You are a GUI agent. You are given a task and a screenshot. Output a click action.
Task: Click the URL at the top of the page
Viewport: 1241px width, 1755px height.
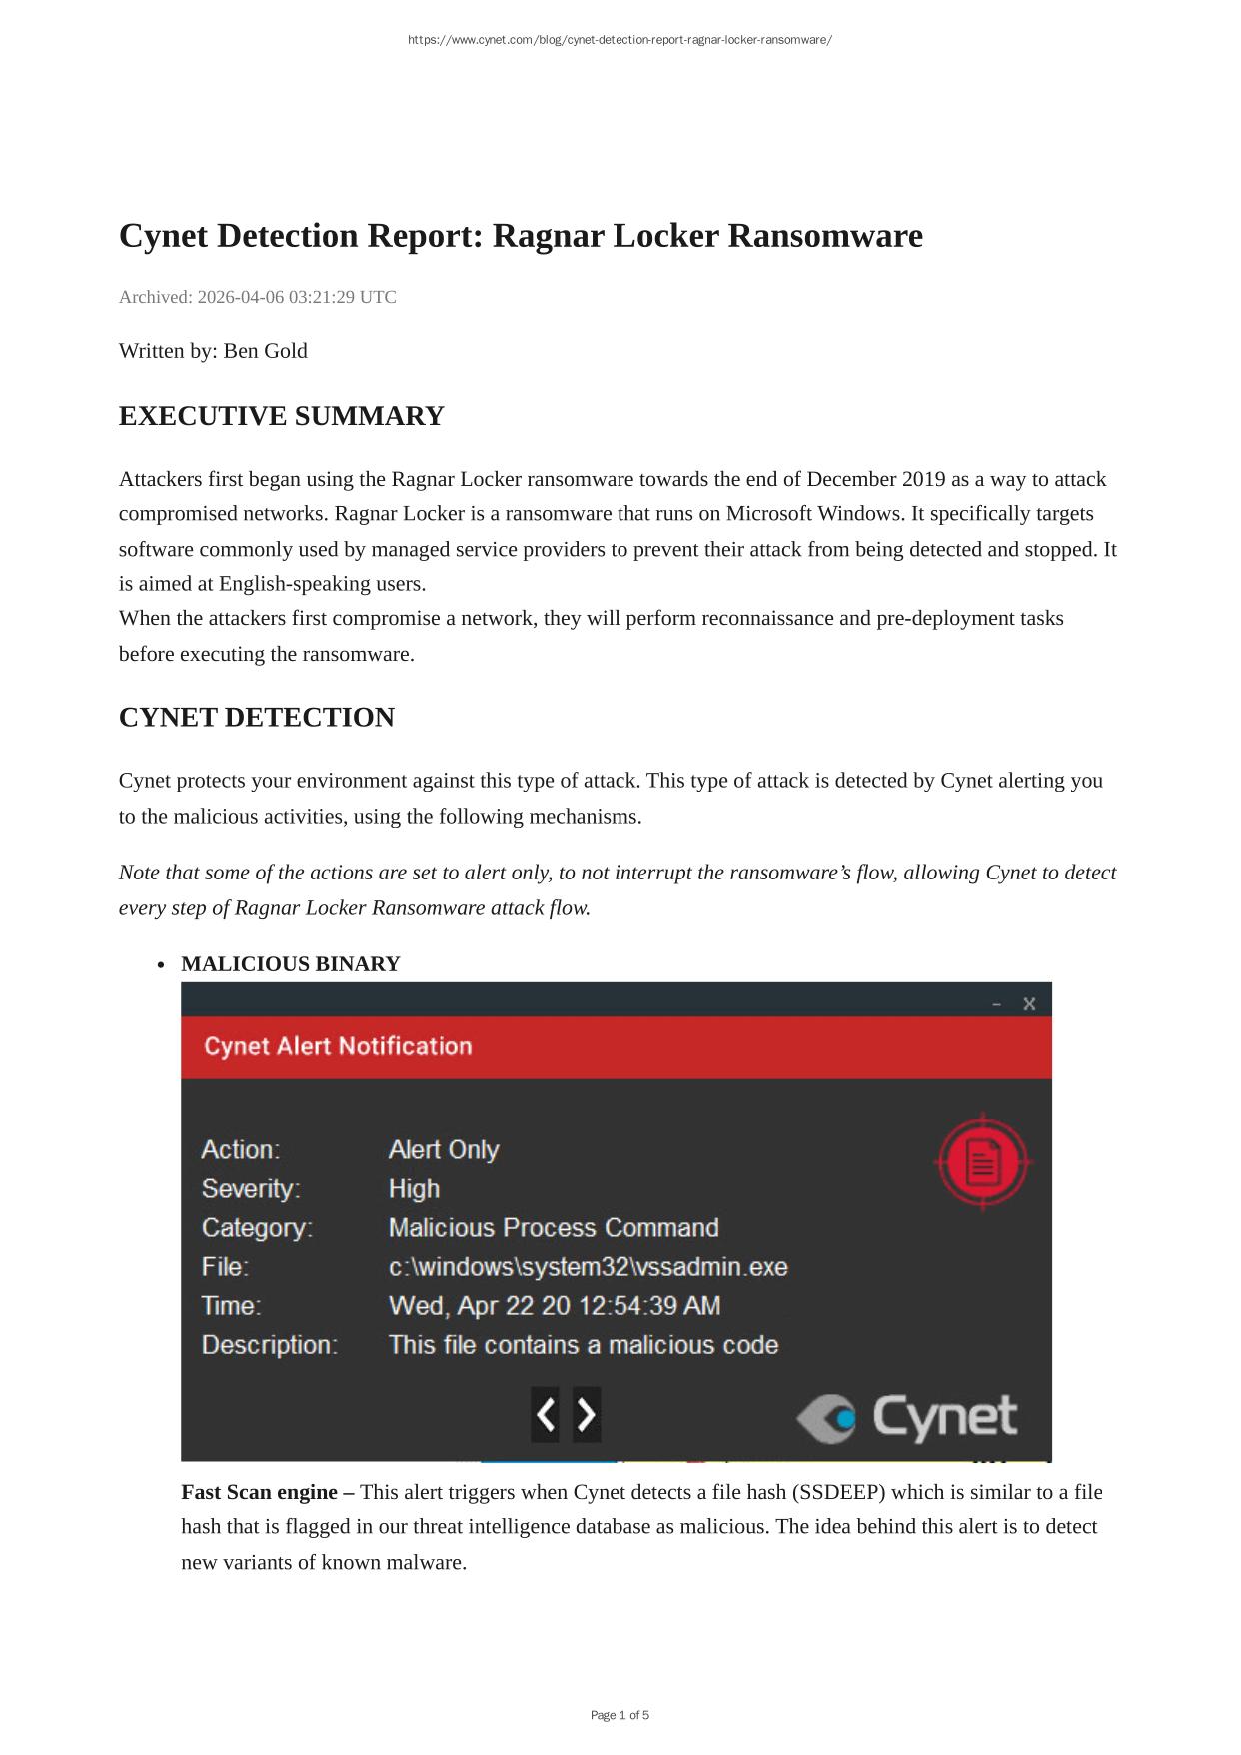coord(620,40)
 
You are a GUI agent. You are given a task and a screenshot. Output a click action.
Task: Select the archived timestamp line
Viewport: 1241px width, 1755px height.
coord(258,297)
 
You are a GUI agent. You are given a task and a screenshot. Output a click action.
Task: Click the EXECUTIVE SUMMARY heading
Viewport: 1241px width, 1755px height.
coord(281,416)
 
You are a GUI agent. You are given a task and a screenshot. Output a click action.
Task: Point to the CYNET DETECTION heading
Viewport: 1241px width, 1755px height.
coord(256,718)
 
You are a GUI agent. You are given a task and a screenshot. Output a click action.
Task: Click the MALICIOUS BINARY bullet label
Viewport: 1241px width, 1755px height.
coord(290,964)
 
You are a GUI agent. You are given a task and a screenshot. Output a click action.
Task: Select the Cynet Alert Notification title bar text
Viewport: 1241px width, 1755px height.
coord(338,1046)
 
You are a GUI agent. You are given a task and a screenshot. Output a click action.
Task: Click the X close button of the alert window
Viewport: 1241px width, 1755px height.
coord(1029,1003)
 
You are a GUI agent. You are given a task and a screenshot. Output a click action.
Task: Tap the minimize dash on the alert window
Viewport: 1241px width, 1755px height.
coord(997,1003)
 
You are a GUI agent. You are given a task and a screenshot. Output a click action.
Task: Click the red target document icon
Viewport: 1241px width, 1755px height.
coord(982,1162)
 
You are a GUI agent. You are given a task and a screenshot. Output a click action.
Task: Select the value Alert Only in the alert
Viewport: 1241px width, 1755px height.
coord(444,1150)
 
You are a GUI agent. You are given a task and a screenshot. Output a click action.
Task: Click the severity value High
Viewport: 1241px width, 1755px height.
coord(414,1189)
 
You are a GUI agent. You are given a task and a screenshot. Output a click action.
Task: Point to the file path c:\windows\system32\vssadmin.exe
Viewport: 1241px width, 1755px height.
coord(588,1267)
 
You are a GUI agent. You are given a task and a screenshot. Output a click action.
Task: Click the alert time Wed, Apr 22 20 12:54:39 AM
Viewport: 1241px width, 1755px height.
coord(554,1306)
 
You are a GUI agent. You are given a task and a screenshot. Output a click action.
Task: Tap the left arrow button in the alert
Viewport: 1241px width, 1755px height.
coord(545,1414)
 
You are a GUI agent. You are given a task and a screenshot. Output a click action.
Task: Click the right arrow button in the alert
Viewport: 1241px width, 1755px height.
coord(587,1414)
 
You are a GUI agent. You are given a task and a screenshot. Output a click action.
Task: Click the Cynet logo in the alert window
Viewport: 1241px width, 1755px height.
coord(906,1417)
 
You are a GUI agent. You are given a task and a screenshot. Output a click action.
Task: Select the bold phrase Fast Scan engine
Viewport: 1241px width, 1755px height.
coord(267,1492)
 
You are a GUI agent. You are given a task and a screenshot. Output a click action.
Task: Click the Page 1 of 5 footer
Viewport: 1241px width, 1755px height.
coord(620,1715)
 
